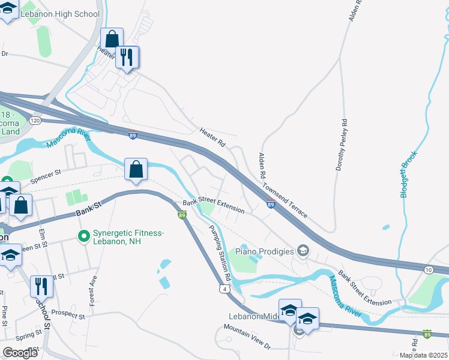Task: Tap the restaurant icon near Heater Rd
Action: [x=126, y=58]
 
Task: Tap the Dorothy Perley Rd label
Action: [x=345, y=146]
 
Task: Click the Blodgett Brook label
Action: [x=409, y=175]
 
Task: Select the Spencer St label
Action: [x=46, y=178]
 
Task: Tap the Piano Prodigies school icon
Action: [x=303, y=250]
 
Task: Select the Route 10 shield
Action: [x=428, y=270]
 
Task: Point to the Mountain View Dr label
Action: [x=247, y=337]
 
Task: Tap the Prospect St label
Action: [x=68, y=313]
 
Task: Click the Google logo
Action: [x=19, y=353]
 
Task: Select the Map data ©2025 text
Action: [x=423, y=355]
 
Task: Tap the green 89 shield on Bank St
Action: [x=181, y=214]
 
